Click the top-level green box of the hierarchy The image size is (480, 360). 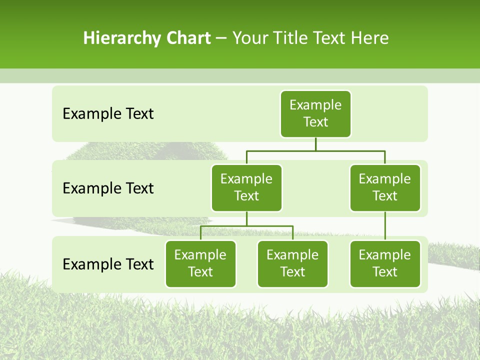click(315, 113)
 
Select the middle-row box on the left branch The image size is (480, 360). click(246, 187)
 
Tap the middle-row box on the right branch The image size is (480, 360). click(385, 187)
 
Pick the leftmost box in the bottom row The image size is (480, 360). click(200, 263)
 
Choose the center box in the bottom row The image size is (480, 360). click(292, 263)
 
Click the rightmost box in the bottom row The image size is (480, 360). click(385, 263)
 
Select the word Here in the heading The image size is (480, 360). click(370, 38)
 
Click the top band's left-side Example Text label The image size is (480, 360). click(108, 114)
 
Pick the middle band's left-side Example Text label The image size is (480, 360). click(108, 188)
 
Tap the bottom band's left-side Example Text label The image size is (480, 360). click(108, 264)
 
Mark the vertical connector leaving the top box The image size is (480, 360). click(315, 144)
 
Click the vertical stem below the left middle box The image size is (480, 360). click(246, 219)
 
